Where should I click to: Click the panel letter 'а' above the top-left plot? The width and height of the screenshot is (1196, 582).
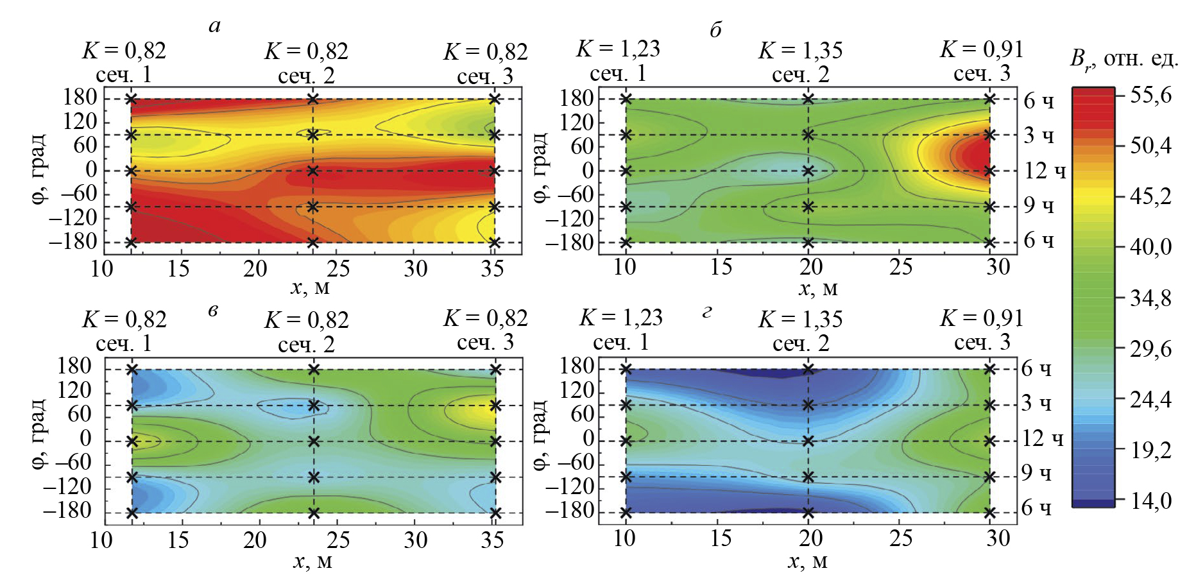click(214, 26)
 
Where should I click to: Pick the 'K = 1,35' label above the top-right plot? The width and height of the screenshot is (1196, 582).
click(800, 50)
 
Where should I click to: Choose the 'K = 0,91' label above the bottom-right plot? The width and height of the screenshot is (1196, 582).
click(982, 318)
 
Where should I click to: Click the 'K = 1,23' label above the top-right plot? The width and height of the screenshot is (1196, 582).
click(619, 49)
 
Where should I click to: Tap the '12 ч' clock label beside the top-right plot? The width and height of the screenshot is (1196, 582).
click(1043, 171)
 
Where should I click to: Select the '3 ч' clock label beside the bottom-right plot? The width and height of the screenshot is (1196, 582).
click(1037, 404)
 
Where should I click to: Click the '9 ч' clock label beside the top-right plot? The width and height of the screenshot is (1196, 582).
click(1037, 206)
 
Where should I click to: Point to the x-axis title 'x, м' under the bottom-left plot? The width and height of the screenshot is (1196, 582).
click(312, 560)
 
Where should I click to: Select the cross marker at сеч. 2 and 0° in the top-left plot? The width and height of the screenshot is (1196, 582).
click(313, 171)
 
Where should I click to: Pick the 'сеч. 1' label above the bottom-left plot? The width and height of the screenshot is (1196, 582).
click(124, 344)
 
